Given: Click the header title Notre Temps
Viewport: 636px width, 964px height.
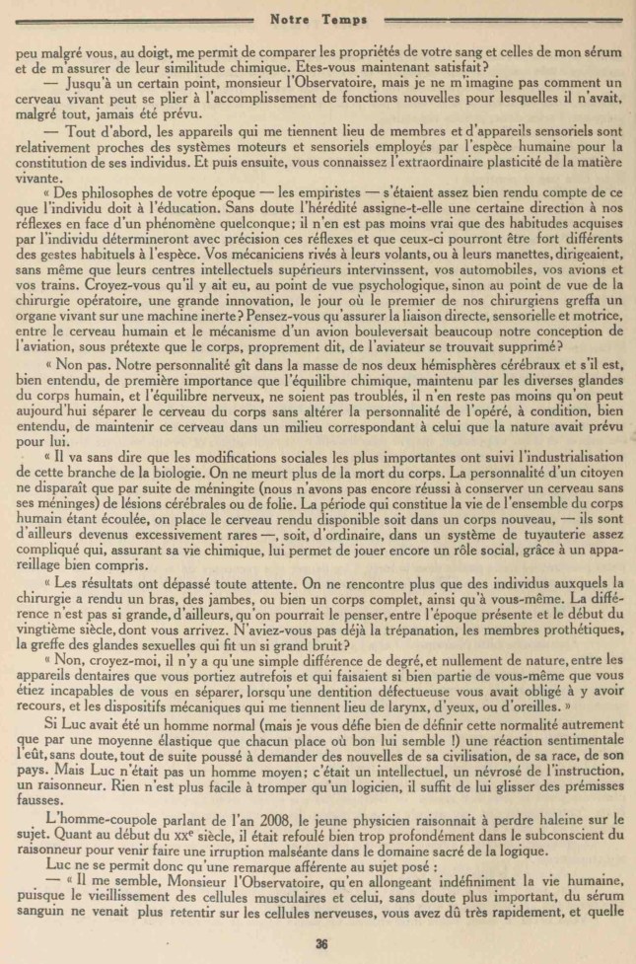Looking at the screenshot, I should click(318, 17).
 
